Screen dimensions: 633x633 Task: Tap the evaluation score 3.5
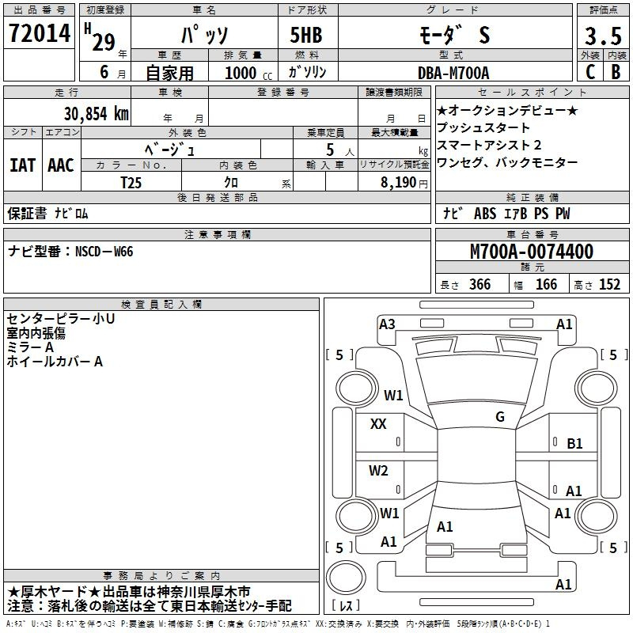pos(602,36)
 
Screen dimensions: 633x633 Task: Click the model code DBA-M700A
pos(453,73)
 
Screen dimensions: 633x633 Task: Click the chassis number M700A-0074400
pos(531,252)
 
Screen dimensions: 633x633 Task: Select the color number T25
pos(131,182)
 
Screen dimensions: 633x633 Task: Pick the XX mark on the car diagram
pos(378,424)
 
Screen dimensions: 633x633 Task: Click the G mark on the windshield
pos(499,416)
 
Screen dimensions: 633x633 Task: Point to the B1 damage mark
pos(574,444)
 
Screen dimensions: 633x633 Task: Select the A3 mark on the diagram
pos(387,324)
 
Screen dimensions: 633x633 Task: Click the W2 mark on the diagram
pos(379,471)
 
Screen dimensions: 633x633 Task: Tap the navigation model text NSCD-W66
pos(104,252)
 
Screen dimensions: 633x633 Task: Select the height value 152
pos(609,285)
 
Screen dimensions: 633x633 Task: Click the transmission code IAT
pos(22,165)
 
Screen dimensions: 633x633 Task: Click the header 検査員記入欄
pos(161,304)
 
